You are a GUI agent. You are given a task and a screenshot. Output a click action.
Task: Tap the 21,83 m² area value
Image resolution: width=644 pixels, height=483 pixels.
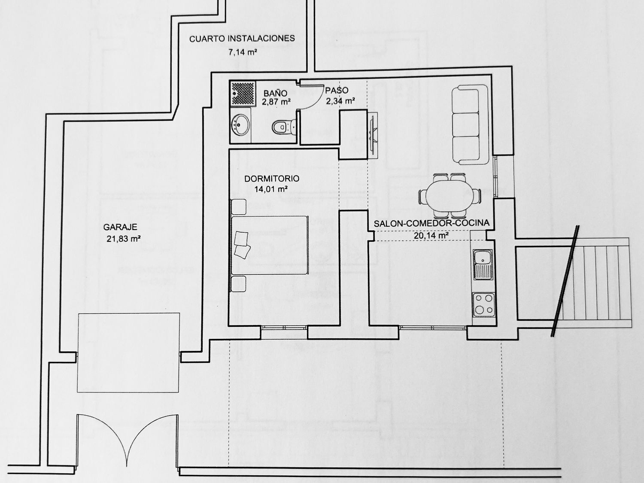[x=124, y=239]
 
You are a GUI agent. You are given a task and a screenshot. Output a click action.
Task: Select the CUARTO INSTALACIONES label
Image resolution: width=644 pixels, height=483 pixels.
[x=242, y=39]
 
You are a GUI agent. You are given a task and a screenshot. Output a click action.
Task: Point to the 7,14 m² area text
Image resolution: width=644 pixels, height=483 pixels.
[x=243, y=53]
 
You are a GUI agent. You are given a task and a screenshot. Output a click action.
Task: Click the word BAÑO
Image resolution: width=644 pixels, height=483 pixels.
[x=275, y=93]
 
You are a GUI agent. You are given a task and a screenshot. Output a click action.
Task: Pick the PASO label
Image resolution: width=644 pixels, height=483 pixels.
[x=337, y=91]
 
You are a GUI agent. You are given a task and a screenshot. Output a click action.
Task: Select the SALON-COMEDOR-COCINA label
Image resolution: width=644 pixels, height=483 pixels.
[x=431, y=223]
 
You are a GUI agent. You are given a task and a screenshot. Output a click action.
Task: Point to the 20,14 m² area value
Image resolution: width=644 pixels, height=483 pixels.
[x=431, y=235]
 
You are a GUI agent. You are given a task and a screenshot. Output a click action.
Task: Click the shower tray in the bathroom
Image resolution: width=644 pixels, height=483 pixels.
[x=243, y=93]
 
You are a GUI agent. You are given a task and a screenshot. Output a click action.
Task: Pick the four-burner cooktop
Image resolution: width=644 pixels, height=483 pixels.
[x=484, y=304]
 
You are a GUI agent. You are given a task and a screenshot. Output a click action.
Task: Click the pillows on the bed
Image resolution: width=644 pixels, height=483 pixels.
[x=242, y=245]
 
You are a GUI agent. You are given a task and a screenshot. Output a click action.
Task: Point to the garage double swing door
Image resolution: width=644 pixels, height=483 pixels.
[x=127, y=440]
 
